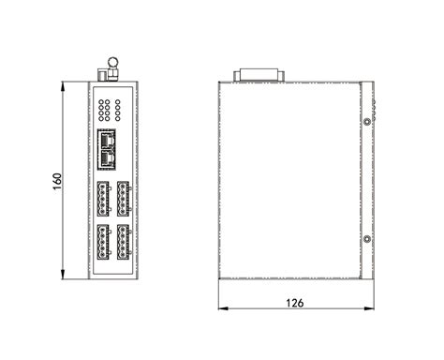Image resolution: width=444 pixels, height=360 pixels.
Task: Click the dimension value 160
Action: pos(56,179)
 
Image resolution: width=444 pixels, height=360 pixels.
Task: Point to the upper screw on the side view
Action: pos(367,121)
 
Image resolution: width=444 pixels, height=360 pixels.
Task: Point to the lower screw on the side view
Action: pos(367,239)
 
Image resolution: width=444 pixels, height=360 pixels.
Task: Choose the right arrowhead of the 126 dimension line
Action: pos(372,309)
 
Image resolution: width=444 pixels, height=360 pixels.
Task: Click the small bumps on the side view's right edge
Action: pos(375,103)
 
